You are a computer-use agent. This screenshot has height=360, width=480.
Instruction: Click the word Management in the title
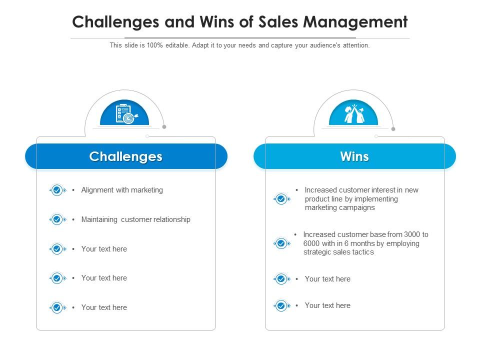(355, 22)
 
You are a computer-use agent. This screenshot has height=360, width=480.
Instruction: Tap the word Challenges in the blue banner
(126, 156)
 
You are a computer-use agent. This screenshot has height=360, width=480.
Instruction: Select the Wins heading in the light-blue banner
(354, 156)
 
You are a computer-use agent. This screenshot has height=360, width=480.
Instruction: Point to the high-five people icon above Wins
(354, 113)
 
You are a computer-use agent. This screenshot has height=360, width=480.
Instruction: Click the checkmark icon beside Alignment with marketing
(57, 190)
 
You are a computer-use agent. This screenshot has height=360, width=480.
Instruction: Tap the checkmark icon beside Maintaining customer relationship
(57, 219)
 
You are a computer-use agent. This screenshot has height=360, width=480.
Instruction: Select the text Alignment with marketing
(122, 190)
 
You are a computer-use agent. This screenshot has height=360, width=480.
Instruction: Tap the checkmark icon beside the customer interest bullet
(281, 199)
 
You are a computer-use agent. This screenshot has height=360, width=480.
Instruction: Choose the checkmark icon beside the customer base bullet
(281, 243)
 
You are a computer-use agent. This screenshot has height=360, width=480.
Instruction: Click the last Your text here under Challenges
(104, 307)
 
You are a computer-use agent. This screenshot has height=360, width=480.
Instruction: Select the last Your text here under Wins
(327, 305)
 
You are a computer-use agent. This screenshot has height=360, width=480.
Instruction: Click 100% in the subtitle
(154, 45)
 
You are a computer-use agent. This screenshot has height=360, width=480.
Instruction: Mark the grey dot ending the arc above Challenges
(164, 126)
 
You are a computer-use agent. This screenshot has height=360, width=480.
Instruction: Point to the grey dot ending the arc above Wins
(393, 129)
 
